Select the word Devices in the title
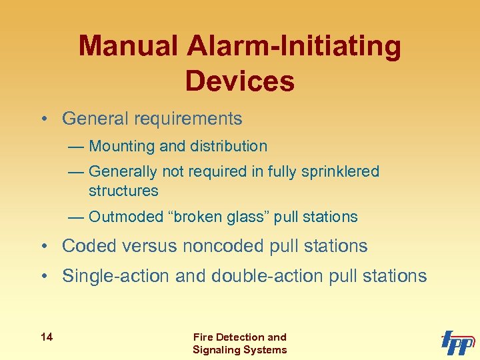click(240, 81)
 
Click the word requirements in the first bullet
click(188, 119)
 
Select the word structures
click(123, 191)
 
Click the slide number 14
click(46, 337)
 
